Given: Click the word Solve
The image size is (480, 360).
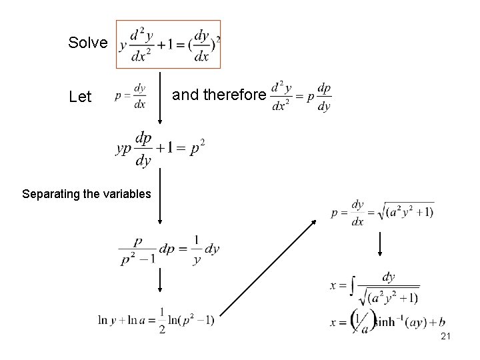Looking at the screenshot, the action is click(x=87, y=43).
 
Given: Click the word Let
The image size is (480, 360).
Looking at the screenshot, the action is click(x=80, y=97).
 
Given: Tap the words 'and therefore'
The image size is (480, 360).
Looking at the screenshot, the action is click(x=219, y=95).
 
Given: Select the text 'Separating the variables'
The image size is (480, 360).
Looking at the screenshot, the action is click(x=87, y=195).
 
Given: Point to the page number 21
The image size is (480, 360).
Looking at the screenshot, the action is click(x=446, y=338).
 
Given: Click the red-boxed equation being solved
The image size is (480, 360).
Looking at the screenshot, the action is click(x=168, y=45).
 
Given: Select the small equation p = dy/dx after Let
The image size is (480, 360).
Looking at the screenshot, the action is click(x=131, y=96).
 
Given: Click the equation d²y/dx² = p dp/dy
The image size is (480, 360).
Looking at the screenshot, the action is click(x=302, y=97).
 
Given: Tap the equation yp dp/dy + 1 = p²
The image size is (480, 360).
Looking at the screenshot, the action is click(x=160, y=148).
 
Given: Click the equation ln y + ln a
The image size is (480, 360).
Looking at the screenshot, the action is click(x=156, y=321).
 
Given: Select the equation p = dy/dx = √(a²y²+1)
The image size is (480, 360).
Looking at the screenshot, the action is click(x=382, y=213).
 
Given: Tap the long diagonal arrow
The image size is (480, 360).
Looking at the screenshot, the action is click(x=268, y=267).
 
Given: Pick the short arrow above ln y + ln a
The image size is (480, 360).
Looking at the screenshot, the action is click(x=160, y=280).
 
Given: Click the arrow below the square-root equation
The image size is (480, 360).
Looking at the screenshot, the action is click(x=379, y=243).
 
